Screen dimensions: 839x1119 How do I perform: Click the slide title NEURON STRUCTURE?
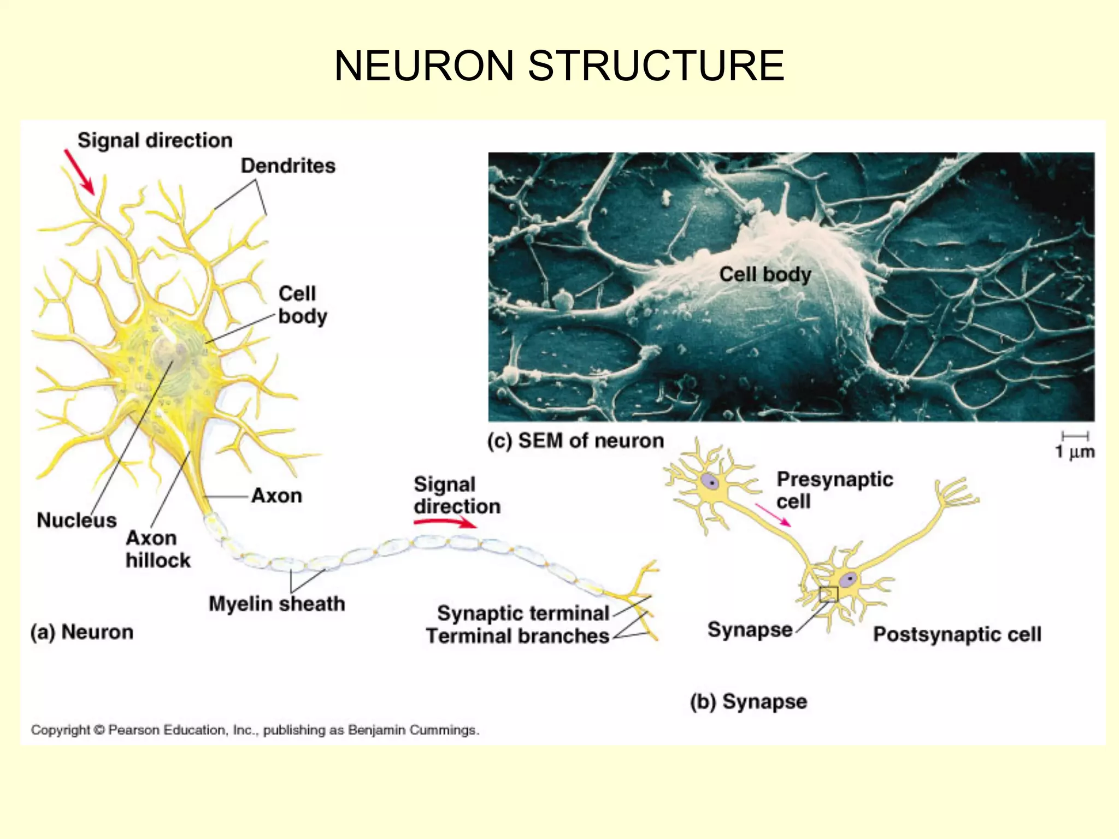click(559, 66)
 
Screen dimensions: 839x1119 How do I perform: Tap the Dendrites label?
click(288, 166)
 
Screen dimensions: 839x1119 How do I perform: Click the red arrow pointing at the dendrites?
click(79, 172)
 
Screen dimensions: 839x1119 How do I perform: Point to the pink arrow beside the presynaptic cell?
click(773, 515)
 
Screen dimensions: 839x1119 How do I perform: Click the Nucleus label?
click(76, 520)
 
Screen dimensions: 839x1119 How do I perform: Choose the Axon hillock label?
click(158, 549)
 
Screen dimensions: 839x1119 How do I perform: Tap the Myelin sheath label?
click(276, 604)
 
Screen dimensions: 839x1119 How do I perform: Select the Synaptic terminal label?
click(523, 613)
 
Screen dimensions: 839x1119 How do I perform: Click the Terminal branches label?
click(517, 636)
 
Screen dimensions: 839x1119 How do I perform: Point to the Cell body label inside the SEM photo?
click(765, 274)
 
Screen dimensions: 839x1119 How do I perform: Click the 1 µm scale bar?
click(1075, 436)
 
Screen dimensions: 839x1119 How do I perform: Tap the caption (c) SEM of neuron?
click(575, 440)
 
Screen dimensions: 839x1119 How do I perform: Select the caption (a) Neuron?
click(82, 632)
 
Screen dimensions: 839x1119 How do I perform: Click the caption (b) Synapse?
click(748, 701)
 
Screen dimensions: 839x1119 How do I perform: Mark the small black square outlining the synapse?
click(828, 594)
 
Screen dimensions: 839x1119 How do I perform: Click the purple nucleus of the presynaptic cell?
click(711, 482)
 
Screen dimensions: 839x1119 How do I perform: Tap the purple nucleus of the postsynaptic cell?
click(849, 580)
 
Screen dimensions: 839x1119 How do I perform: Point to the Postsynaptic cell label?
click(957, 634)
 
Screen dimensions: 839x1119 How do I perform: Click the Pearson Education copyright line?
click(255, 730)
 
